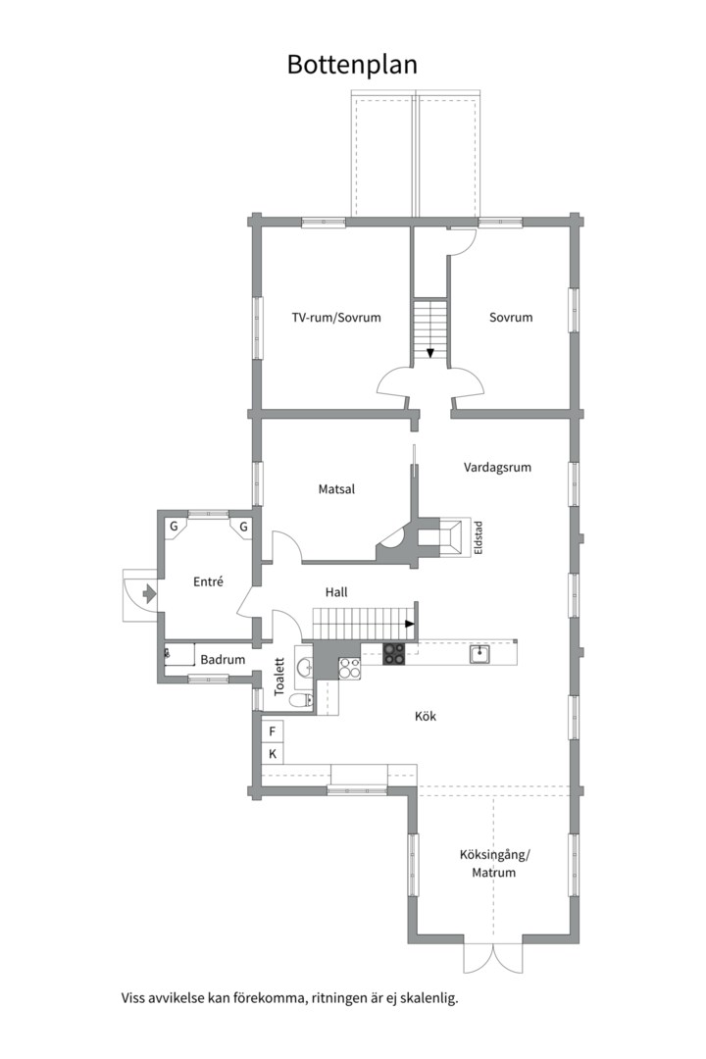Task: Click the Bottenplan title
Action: click(x=352, y=65)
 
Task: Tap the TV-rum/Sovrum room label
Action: click(x=336, y=318)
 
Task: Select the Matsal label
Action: click(x=336, y=489)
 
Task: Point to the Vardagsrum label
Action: click(x=497, y=468)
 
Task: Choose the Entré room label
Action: click(x=208, y=581)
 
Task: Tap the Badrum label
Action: click(x=223, y=660)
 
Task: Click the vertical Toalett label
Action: click(x=279, y=678)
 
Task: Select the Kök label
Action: click(x=426, y=716)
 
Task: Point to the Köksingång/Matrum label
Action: click(x=494, y=864)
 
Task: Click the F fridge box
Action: click(x=273, y=731)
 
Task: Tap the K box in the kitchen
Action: click(x=273, y=754)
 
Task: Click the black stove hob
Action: click(x=394, y=654)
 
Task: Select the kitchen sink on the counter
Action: click(x=480, y=654)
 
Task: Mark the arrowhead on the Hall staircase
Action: click(x=410, y=624)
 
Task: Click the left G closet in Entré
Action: click(x=174, y=527)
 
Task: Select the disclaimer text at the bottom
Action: click(x=290, y=997)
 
